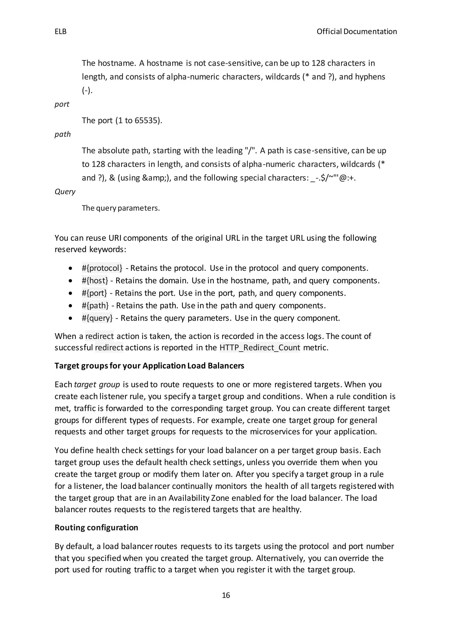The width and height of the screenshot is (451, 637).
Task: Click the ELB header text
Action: coord(61,32)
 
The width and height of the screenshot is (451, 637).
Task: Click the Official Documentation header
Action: coord(357,32)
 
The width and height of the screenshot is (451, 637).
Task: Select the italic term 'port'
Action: coord(62,104)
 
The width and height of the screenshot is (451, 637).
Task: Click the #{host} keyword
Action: coord(95,280)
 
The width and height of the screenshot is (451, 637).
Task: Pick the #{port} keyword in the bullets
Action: coord(94,293)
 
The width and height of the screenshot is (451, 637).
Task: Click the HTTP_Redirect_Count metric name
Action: coord(260,348)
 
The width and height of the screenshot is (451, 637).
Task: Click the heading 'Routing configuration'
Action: coord(96,527)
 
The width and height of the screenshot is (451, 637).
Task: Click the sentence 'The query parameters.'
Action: coord(121,208)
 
